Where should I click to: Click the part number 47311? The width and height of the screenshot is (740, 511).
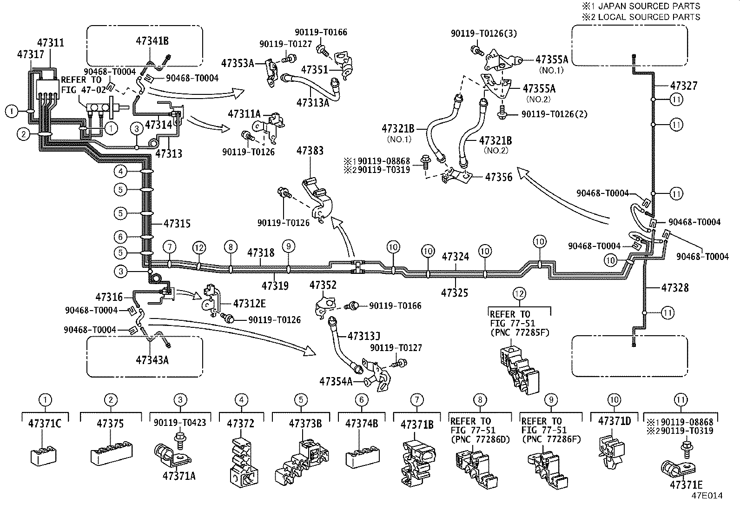51,43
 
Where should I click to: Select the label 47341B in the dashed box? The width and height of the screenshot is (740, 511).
152,40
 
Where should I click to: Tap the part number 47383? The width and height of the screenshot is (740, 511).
310,151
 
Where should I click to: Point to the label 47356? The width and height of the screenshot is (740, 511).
499,177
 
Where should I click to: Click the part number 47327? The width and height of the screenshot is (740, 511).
684,86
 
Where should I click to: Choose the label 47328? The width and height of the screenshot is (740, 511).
675,288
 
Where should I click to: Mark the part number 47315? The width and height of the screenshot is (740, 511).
177,224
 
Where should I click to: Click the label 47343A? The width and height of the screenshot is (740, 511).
152,360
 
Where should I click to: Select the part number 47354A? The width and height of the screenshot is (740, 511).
336,382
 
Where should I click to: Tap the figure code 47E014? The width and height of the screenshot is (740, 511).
707,496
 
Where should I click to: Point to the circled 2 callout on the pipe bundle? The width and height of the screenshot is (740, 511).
23,134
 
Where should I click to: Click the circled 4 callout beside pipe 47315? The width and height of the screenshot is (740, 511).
120,171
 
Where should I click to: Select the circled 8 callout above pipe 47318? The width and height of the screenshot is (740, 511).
231,247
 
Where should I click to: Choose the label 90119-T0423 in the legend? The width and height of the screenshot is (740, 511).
180,423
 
